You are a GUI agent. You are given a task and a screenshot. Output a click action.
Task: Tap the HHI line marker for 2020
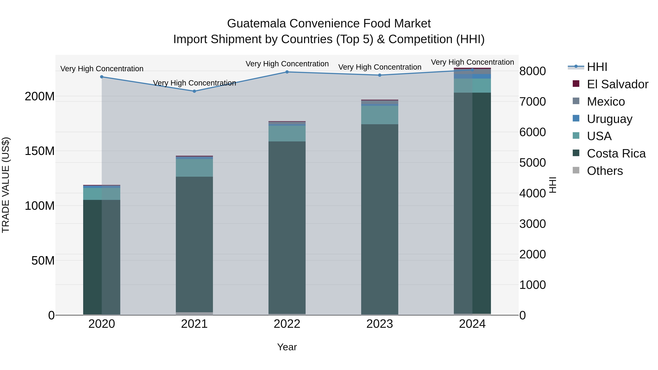click(x=102, y=77)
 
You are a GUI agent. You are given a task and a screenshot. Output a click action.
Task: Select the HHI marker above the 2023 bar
click(x=380, y=75)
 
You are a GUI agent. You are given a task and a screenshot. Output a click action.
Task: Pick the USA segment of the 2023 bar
click(x=380, y=115)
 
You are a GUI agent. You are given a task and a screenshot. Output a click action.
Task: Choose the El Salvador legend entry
click(x=617, y=84)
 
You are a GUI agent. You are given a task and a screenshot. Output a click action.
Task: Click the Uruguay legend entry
click(x=609, y=119)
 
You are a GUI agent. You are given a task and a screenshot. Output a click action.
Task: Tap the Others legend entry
click(x=604, y=171)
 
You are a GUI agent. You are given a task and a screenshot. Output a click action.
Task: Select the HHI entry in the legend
click(x=597, y=67)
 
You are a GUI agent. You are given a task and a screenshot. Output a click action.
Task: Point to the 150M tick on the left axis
click(x=40, y=151)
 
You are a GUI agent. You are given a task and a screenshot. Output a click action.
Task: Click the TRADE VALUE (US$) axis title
click(x=6, y=185)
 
